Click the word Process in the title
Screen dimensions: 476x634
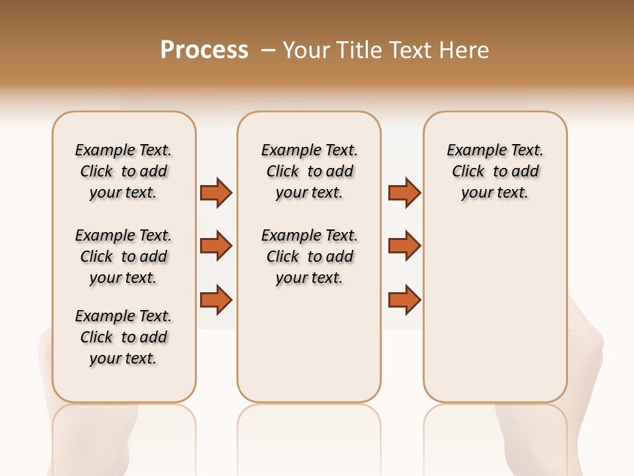(x=204, y=50)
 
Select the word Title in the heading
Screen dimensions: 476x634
(x=359, y=50)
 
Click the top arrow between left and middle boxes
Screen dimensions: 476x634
(x=216, y=193)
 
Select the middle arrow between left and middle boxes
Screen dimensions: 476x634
(x=216, y=246)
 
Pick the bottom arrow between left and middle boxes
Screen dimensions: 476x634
(x=216, y=299)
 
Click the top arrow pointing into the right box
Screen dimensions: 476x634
(x=404, y=193)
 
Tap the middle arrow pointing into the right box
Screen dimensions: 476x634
(x=404, y=246)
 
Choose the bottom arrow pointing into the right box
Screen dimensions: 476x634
(x=404, y=299)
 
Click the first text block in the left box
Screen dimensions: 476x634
(x=123, y=171)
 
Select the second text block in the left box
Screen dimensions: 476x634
(x=123, y=257)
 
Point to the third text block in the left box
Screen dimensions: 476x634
(x=123, y=337)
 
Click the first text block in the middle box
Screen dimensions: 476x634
(x=309, y=171)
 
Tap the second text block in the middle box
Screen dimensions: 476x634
(x=309, y=257)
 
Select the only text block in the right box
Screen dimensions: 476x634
(x=495, y=171)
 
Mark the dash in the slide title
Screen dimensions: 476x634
(x=268, y=50)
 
